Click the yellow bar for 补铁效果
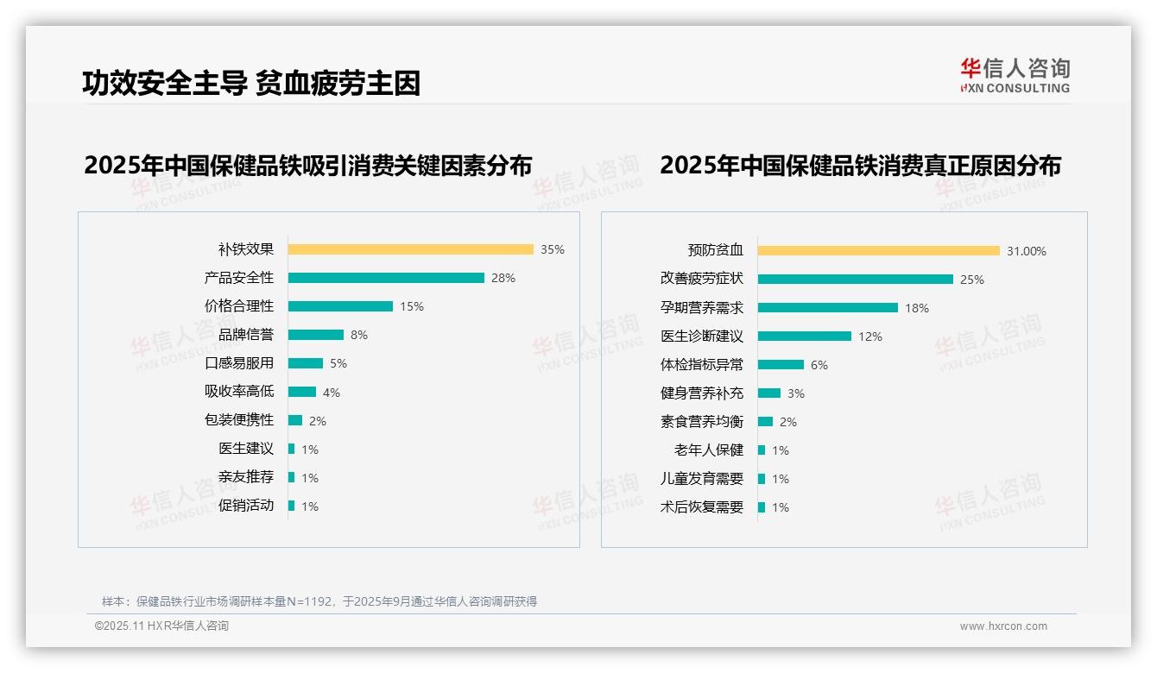[x=410, y=249]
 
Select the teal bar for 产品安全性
[x=386, y=278]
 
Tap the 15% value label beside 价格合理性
[x=412, y=306]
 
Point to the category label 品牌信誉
[x=246, y=335]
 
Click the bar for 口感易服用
[x=306, y=363]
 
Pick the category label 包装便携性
[x=239, y=420]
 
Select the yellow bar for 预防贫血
[x=879, y=251]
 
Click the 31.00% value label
[x=1027, y=251]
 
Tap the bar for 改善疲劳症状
[x=856, y=280]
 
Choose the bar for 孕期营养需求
[x=828, y=308]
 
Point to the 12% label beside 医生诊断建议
[x=870, y=336]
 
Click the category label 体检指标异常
[x=702, y=365]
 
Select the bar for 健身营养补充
[x=769, y=393]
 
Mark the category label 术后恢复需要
[x=702, y=507]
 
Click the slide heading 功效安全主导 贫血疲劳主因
[x=251, y=84]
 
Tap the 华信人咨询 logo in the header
[x=1015, y=75]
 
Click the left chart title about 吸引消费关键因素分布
[x=308, y=165]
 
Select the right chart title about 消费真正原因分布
[x=860, y=165]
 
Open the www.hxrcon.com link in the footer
[x=1003, y=626]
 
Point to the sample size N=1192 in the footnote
[x=309, y=601]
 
